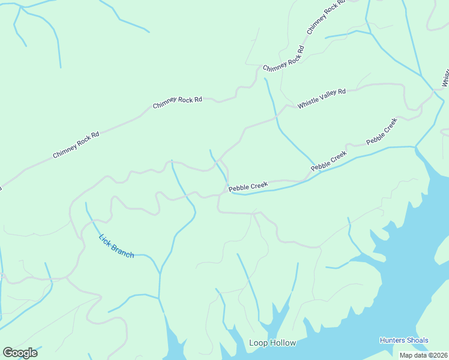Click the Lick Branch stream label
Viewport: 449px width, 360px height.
pyautogui.click(x=116, y=246)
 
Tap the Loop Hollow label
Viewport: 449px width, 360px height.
pyautogui.click(x=273, y=343)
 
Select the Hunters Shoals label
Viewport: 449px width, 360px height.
pyautogui.click(x=404, y=340)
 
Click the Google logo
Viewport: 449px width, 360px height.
pyautogui.click(x=20, y=352)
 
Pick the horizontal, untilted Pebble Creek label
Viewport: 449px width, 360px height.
pyautogui.click(x=248, y=187)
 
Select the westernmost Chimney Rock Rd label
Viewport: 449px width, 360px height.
pyautogui.click(x=76, y=145)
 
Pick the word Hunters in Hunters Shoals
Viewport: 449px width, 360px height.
pyautogui.click(x=392, y=340)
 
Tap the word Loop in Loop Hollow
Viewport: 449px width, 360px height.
pyautogui.click(x=257, y=343)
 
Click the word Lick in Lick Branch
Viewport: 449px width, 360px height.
pyautogui.click(x=105, y=239)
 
